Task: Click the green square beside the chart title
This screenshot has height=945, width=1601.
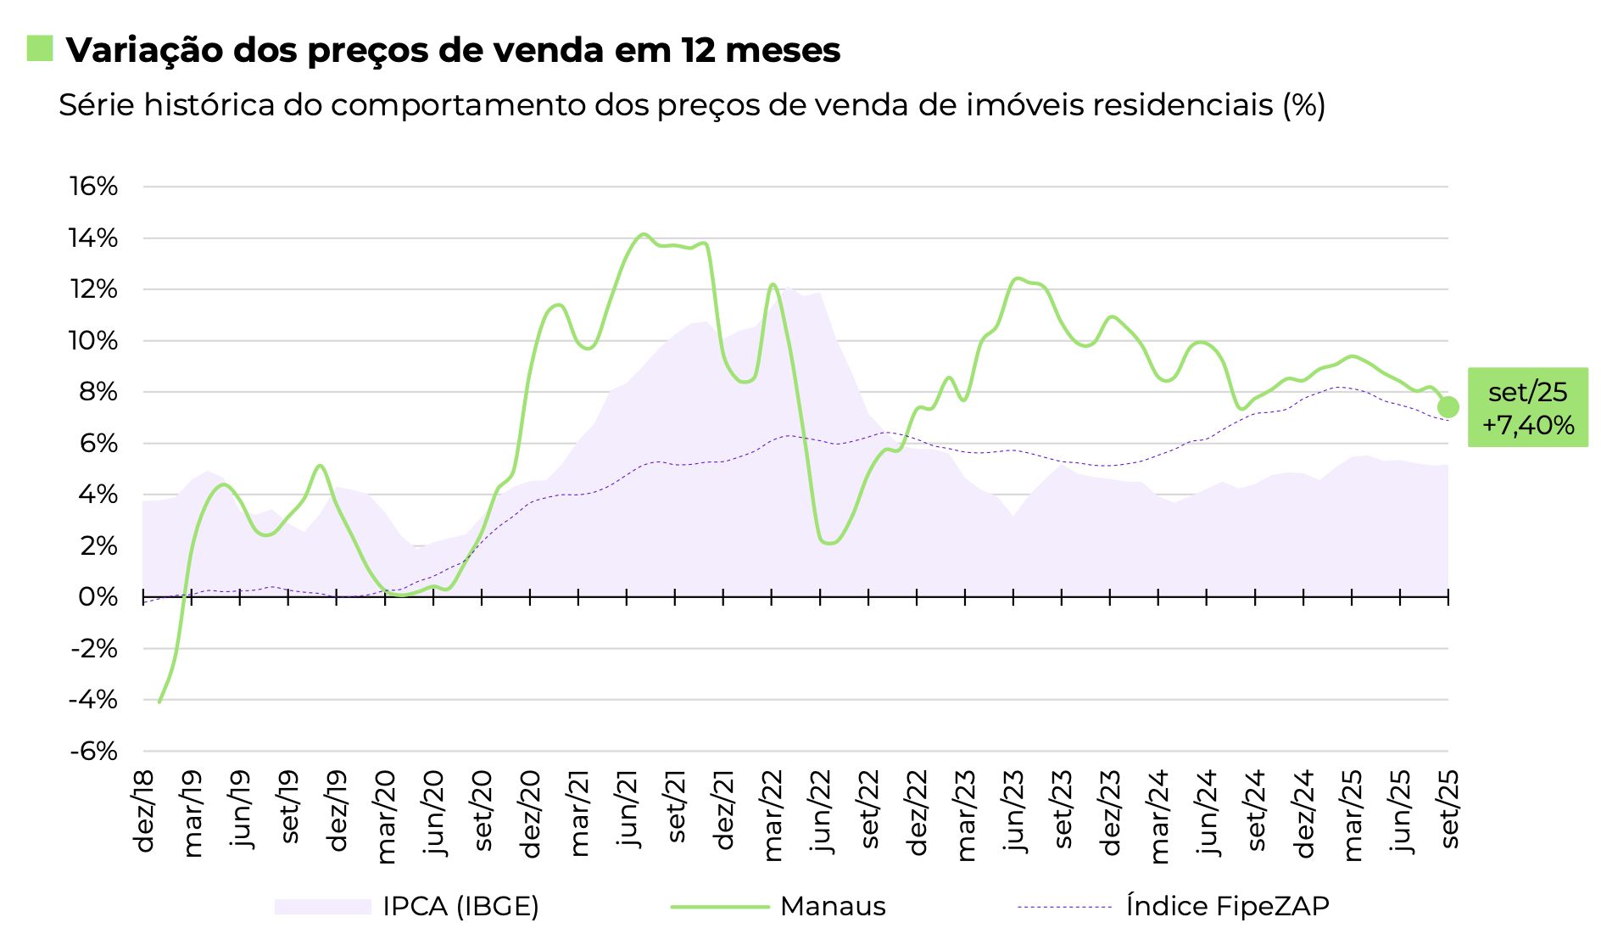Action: pyautogui.click(x=40, y=48)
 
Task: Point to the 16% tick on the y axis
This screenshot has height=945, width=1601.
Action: pyautogui.click(x=93, y=187)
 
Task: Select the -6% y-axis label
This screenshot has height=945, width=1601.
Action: pyautogui.click(x=93, y=752)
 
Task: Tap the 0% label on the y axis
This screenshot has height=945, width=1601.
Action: pyautogui.click(x=98, y=597)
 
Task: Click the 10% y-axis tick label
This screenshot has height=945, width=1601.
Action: pyautogui.click(x=93, y=341)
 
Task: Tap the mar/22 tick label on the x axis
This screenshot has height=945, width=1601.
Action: pyautogui.click(x=773, y=815)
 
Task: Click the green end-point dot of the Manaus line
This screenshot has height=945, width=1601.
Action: pyautogui.click(x=1448, y=407)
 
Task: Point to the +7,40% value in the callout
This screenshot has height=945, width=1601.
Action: pyautogui.click(x=1528, y=425)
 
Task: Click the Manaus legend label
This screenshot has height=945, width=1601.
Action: pyautogui.click(x=833, y=907)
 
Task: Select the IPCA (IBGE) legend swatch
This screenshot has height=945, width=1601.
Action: pyautogui.click(x=322, y=907)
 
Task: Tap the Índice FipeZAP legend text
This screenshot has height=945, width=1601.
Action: pyautogui.click(x=1227, y=907)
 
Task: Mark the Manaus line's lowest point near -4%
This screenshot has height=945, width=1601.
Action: pyautogui.click(x=159, y=702)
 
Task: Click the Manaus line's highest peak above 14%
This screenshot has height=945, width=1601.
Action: pyautogui.click(x=643, y=234)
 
